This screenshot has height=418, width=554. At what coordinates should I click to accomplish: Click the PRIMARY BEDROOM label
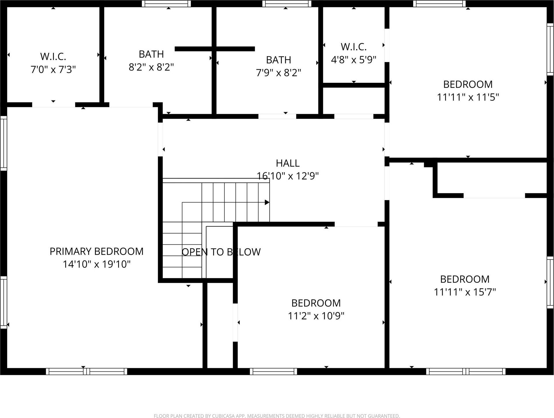(x=97, y=251)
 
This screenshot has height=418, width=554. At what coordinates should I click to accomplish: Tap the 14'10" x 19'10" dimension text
(x=97, y=264)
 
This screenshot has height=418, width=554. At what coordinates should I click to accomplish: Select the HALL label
(x=288, y=163)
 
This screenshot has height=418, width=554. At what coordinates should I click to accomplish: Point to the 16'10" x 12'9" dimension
(x=288, y=176)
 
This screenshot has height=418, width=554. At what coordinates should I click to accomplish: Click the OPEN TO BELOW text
(x=221, y=252)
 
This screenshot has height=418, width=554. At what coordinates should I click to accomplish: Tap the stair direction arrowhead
(x=267, y=202)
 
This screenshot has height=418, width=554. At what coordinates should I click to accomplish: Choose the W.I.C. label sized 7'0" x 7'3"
(x=53, y=56)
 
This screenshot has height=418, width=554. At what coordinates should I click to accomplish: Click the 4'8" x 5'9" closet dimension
(x=353, y=60)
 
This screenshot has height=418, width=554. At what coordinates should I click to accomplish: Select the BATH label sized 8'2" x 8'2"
(x=151, y=54)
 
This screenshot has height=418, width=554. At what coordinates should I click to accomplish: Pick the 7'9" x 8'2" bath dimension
(x=278, y=73)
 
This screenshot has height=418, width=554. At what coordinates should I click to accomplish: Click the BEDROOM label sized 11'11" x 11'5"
(x=468, y=84)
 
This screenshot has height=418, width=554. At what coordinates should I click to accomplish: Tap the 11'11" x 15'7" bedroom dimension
(x=465, y=292)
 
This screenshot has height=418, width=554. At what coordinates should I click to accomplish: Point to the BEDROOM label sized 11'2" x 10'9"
(x=316, y=303)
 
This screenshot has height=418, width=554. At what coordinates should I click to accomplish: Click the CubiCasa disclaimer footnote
(x=277, y=416)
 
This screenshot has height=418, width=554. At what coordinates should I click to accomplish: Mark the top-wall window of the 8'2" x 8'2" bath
(x=166, y=3)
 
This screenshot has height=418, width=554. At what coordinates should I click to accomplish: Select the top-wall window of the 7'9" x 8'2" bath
(x=287, y=3)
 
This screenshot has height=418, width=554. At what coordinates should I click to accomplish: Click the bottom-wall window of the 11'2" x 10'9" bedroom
(x=273, y=371)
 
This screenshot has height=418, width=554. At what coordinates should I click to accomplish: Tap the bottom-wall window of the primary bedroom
(x=86, y=371)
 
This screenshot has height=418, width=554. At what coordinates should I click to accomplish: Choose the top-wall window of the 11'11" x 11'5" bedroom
(x=439, y=3)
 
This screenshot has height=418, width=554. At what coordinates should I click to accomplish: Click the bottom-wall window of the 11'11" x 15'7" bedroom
(x=466, y=371)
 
